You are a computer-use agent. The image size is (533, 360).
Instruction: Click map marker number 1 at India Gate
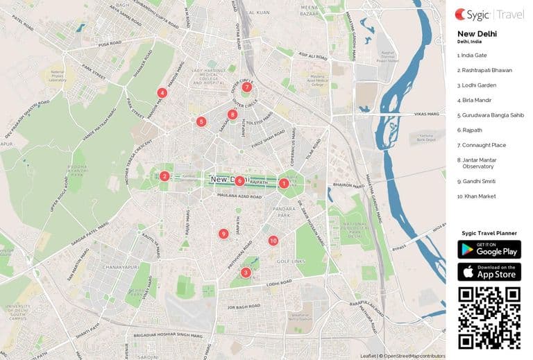[x=283, y=183]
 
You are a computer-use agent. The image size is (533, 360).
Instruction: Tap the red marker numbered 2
[x=164, y=176]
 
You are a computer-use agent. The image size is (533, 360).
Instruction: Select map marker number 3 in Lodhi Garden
[x=245, y=273]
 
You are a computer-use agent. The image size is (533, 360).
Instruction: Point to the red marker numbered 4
[x=162, y=92]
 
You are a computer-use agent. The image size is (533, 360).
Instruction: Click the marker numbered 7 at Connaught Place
[x=246, y=87]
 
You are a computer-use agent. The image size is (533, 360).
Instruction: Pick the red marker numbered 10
[x=273, y=241]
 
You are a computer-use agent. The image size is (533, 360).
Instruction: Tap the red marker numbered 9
[x=223, y=234]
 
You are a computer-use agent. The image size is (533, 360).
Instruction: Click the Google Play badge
[x=489, y=249]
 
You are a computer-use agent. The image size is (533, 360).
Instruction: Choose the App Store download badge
[x=489, y=271]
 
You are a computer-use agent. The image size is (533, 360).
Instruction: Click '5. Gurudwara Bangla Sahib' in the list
[x=490, y=115]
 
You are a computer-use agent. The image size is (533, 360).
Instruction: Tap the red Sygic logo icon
[x=461, y=13]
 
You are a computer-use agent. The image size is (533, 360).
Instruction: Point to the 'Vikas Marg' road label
[x=422, y=113]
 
